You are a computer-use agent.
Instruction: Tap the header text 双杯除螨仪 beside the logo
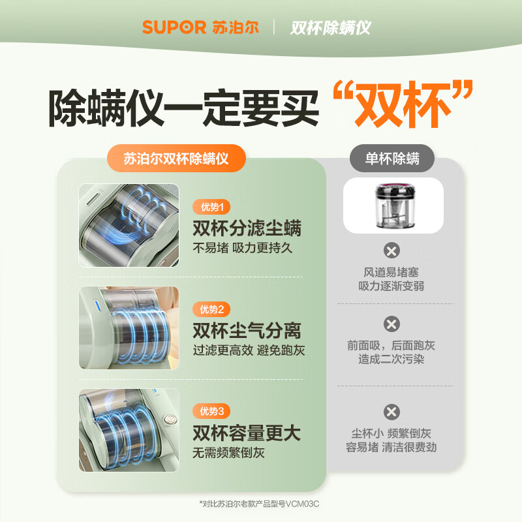click(x=331, y=27)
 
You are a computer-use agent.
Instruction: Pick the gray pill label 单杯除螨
click(x=393, y=159)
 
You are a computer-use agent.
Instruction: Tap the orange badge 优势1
click(x=211, y=207)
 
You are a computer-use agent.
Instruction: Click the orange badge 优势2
click(x=211, y=309)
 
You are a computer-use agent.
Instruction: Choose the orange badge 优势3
click(x=211, y=411)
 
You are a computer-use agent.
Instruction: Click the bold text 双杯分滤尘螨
click(x=247, y=228)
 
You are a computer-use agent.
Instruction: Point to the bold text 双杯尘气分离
click(x=247, y=330)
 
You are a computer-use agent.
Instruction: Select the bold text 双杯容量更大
click(x=247, y=432)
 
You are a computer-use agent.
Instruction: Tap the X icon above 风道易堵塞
click(x=391, y=251)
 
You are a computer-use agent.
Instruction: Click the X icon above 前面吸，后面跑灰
click(x=391, y=324)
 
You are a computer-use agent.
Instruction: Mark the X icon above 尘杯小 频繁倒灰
click(x=391, y=412)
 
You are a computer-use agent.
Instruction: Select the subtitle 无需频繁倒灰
click(x=228, y=452)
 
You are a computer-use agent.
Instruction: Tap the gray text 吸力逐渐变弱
click(x=391, y=286)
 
